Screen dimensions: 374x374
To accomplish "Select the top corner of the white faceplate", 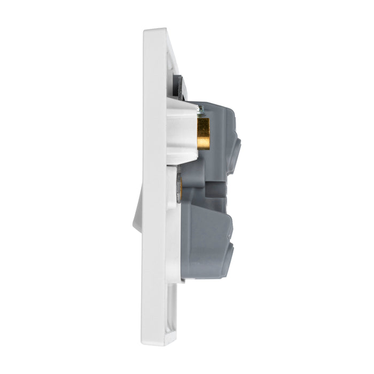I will tap(155, 32).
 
